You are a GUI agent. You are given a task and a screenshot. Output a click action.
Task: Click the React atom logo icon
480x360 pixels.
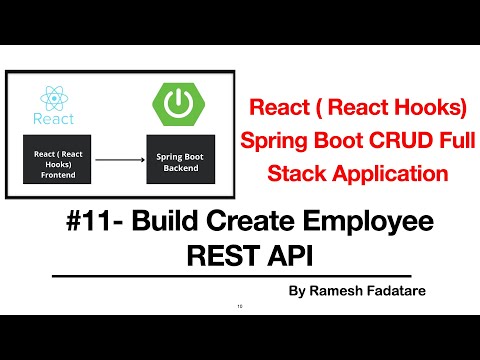[x=54, y=96]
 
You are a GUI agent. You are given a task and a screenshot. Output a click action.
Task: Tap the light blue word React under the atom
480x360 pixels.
[x=54, y=120]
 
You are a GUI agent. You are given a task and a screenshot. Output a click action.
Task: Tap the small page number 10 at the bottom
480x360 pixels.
[x=240, y=306]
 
